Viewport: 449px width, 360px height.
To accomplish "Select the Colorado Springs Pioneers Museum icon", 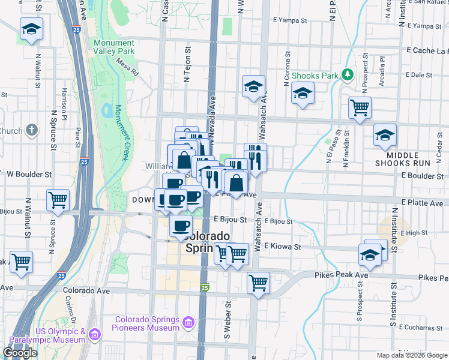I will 188,323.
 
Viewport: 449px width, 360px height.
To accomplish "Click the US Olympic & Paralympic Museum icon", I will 94,333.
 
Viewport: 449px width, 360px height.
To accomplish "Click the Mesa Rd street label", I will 128,68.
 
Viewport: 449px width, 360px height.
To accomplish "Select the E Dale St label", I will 420,75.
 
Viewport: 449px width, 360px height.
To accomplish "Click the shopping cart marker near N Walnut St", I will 58,199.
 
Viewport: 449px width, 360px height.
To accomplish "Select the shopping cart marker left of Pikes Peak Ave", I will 258,281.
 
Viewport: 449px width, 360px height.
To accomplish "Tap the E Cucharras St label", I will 418,328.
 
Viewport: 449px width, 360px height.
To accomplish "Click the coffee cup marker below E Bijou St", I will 181,226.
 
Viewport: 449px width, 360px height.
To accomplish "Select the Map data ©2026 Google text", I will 412,355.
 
